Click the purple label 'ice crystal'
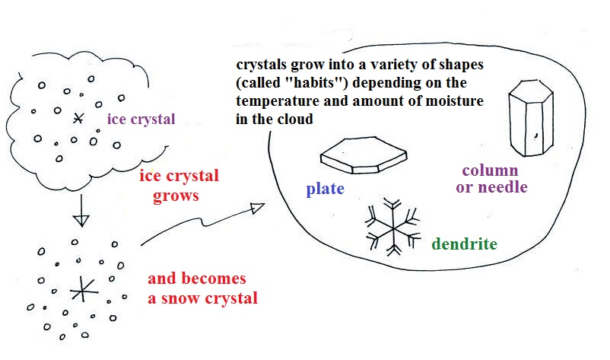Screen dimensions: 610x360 coord(141,119)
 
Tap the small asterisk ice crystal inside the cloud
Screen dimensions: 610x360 coord(78,118)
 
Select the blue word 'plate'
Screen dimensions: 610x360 coord(326,190)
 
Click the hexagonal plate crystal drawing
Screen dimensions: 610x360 coord(364,155)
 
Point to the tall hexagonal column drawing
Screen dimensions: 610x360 coord(531,118)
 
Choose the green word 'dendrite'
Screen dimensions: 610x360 coord(465,244)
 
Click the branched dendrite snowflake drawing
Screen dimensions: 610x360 coord(393,228)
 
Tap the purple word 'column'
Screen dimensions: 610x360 coord(490,170)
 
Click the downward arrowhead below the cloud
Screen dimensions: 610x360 coord(81,221)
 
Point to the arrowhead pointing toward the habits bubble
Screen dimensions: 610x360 coord(258,209)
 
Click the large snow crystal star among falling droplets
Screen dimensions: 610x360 coord(83,289)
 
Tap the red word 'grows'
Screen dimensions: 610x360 coord(176,196)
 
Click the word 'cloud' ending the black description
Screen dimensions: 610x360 coord(297,119)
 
